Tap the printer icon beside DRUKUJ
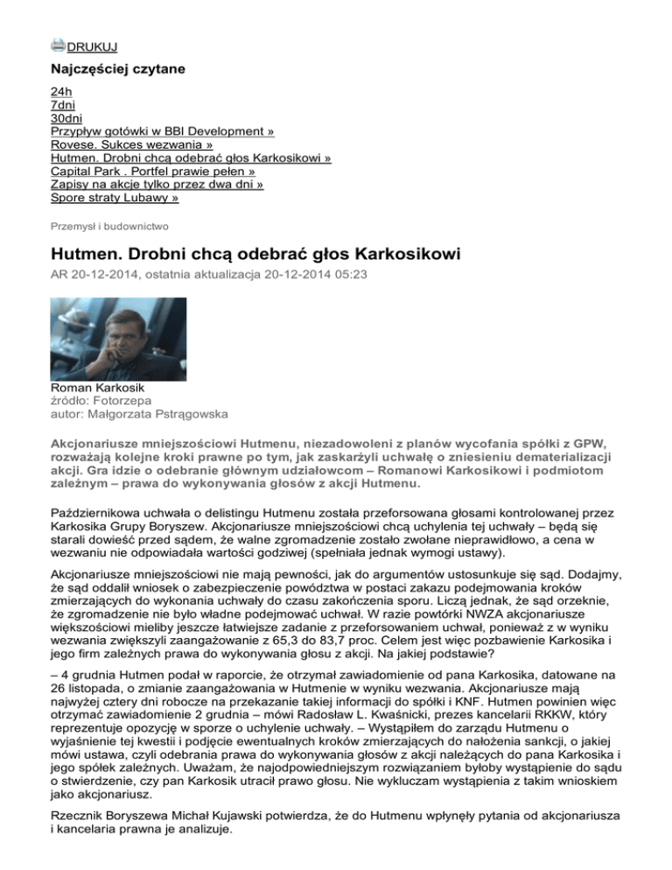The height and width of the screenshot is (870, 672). (x=58, y=46)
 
